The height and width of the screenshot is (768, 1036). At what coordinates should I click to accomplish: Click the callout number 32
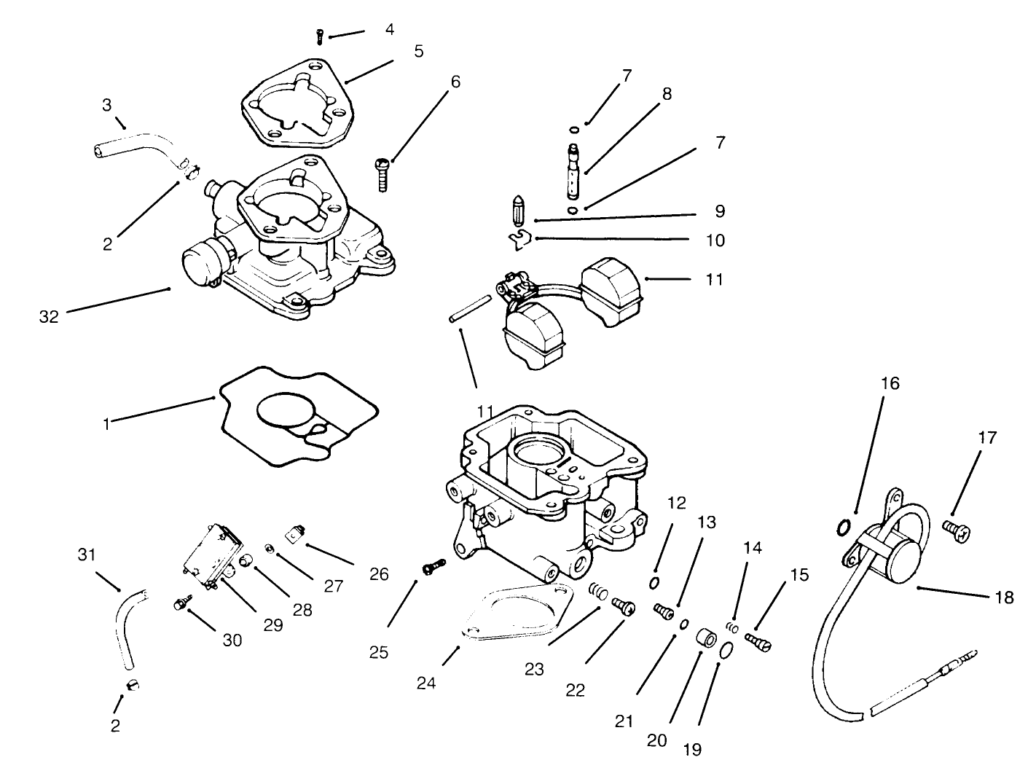pos(49,316)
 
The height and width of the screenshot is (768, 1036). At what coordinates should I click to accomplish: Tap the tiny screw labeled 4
pos(320,34)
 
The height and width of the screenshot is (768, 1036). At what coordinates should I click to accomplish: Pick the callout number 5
pos(418,52)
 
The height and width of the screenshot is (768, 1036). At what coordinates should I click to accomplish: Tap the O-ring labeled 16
pos(843,526)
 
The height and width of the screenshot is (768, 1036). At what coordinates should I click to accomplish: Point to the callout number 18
pos(1003,597)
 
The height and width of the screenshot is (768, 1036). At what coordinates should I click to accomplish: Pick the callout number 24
pos(426,683)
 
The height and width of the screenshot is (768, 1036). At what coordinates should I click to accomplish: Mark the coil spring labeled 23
pos(597,590)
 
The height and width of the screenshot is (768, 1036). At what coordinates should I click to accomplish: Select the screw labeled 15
pos(761,640)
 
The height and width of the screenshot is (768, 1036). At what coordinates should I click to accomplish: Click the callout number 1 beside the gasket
pos(106,423)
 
